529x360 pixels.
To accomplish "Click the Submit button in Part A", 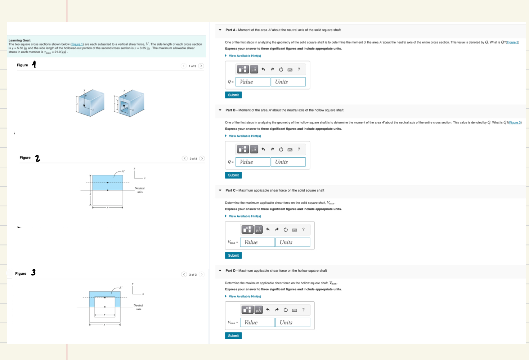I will tap(233, 95).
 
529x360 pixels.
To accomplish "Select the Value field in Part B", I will tap(253, 162).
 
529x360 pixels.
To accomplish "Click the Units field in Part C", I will tap(292, 242).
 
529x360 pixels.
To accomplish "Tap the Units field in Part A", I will tap(288, 82).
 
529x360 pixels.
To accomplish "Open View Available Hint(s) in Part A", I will tap(245, 56).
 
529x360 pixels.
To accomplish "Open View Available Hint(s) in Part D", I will tap(245, 297).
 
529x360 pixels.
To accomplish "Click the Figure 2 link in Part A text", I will tap(512, 42).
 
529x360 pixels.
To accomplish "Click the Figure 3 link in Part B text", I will tap(515, 123).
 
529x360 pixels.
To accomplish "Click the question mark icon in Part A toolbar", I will tap(299, 69).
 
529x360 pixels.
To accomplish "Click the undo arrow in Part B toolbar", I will tap(263, 149).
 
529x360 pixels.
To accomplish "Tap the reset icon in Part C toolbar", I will tap(286, 230).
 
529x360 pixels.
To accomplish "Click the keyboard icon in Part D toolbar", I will tap(295, 310).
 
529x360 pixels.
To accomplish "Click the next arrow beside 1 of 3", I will tap(201, 66).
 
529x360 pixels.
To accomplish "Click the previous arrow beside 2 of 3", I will tap(185, 158).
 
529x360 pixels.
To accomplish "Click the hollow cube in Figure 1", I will tap(130, 103).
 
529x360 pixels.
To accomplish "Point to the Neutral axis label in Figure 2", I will tap(140, 190).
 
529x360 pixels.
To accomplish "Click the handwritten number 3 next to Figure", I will tap(33, 273).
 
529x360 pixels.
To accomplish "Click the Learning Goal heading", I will tap(19, 40).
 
